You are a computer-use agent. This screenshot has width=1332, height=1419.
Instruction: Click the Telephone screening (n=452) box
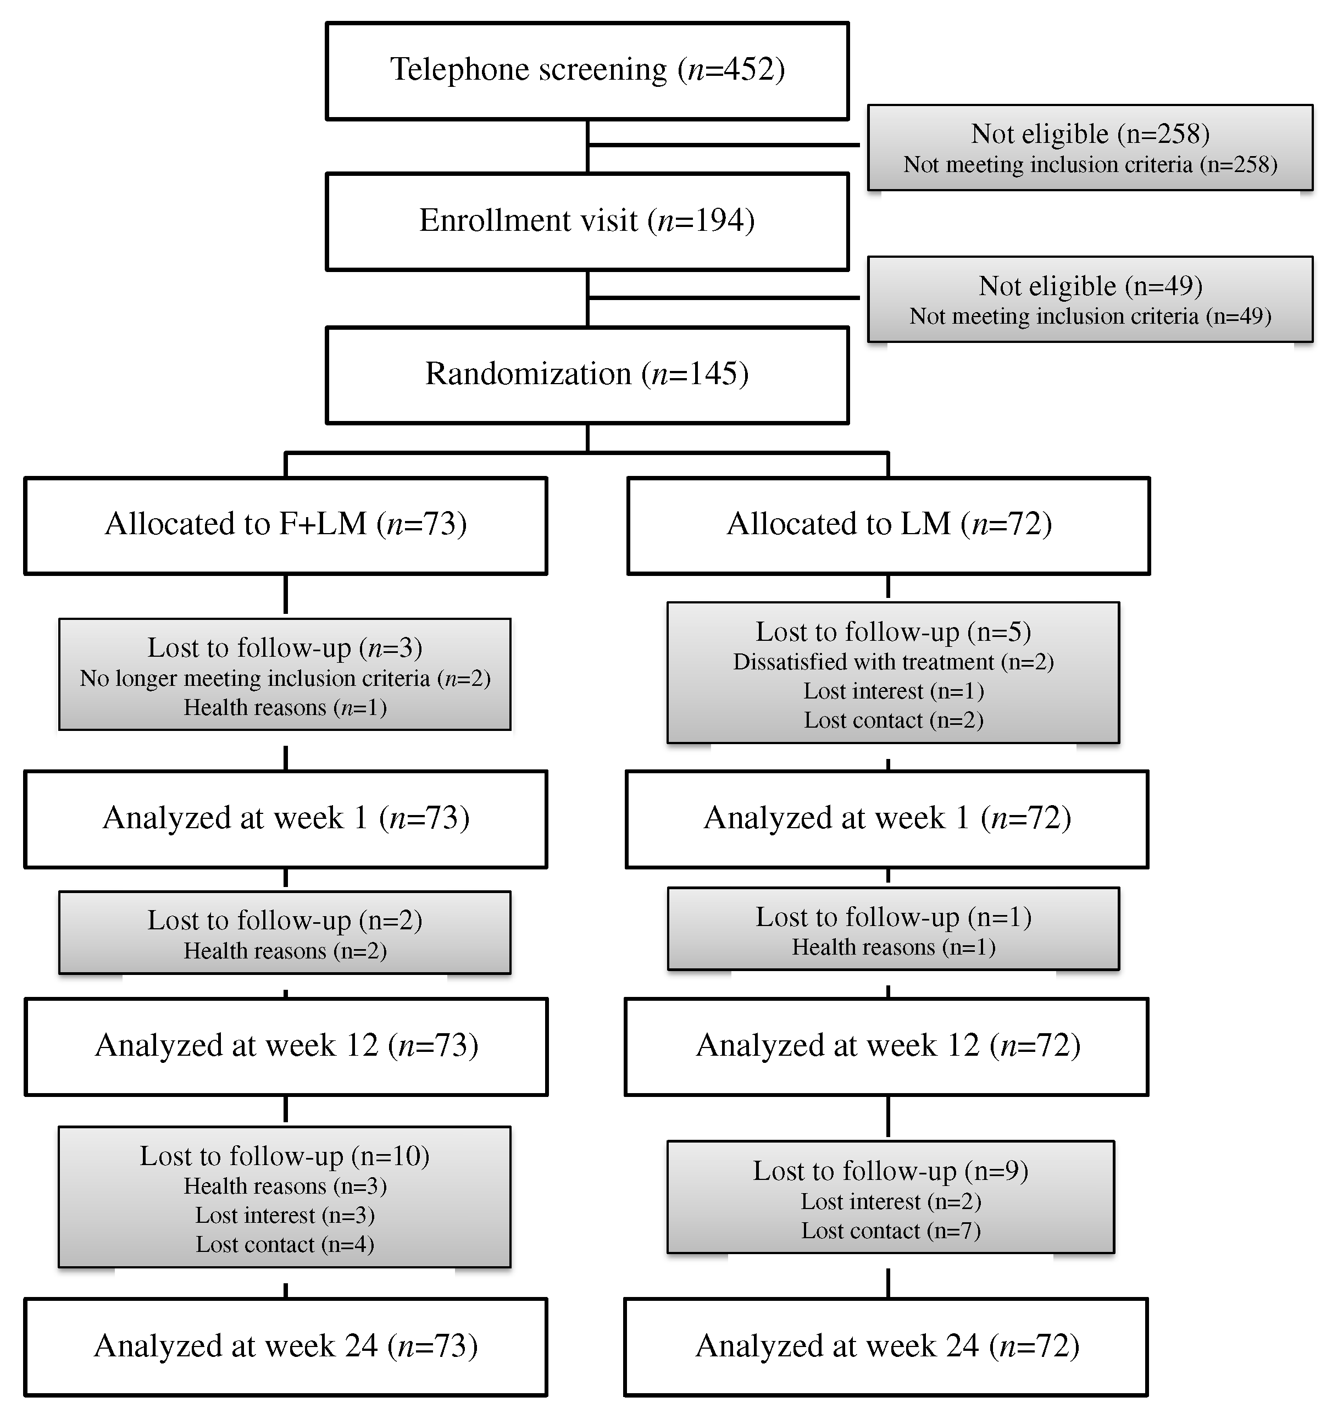(587, 70)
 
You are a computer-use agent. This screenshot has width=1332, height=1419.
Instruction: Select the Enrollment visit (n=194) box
(587, 220)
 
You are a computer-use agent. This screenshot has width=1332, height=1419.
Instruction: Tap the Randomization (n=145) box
(587, 374)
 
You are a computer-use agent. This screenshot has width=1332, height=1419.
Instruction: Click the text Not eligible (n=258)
(1090, 134)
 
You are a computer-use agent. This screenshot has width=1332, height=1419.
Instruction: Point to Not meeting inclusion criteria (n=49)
(1090, 316)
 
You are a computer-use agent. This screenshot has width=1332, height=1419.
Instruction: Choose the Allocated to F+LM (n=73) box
(286, 525)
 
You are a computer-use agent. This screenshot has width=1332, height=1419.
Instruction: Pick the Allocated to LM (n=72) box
(889, 525)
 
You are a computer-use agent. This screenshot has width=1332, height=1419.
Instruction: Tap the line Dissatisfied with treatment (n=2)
(893, 662)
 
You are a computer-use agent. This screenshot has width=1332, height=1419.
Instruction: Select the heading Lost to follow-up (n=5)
(893, 631)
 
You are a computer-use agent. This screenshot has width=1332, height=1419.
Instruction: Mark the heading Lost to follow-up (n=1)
(893, 917)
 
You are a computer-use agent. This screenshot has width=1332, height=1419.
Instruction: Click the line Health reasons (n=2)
(285, 951)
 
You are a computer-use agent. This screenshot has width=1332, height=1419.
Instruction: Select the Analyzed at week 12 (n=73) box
(286, 1046)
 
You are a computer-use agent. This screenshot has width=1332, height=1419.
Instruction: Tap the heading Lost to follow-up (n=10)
(285, 1156)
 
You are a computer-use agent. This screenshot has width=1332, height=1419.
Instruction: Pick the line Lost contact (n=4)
(285, 1245)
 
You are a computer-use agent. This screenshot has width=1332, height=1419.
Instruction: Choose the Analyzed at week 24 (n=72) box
(886, 1346)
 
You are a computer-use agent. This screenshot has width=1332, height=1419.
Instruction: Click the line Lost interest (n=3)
(285, 1216)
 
